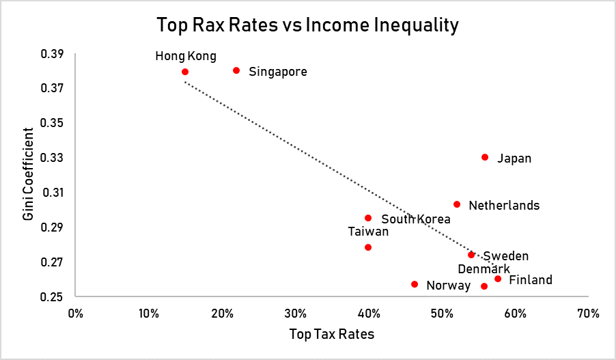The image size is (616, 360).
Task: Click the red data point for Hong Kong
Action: pos(185,72)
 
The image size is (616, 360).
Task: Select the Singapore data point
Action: pos(236,70)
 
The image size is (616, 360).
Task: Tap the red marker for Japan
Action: pos(485,157)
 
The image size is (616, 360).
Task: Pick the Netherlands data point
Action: pos(457,204)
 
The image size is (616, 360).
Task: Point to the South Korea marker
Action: pos(368,218)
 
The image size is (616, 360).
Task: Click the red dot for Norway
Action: pos(415,284)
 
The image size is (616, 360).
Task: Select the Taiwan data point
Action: pos(368,247)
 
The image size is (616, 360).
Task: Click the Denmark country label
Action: pos(484,269)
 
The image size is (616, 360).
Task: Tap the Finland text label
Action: pos(531,280)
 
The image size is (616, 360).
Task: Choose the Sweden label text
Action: pos(506,256)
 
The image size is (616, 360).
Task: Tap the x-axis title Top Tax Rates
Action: pos(331,335)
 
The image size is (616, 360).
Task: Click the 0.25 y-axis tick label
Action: pos(52,297)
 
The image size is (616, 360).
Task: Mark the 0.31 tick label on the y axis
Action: pos(52,193)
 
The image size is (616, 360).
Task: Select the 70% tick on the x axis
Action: pos(587,314)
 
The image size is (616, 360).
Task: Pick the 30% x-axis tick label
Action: pos(295,314)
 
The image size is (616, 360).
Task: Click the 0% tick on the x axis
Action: pos(76,314)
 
